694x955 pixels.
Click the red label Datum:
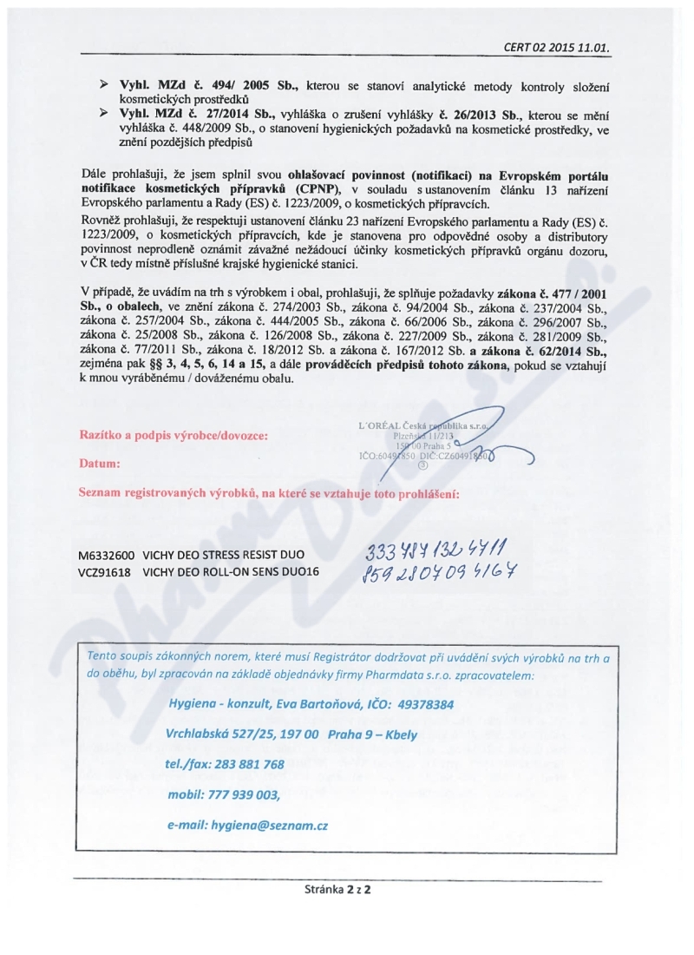click(100, 464)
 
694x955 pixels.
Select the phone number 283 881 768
click(250, 764)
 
